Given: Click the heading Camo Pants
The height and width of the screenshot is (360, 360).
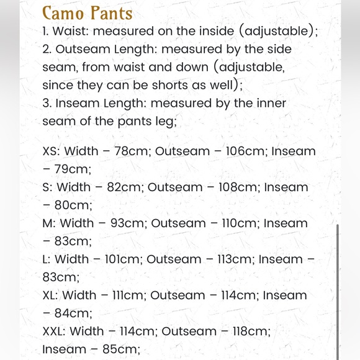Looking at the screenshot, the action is click(x=87, y=12).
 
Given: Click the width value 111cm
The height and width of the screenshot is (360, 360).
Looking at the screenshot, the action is click(x=126, y=295).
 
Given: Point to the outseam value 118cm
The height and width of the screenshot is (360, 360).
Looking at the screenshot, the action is click(x=251, y=331).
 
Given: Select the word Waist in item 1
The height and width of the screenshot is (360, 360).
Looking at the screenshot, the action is click(x=71, y=31).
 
